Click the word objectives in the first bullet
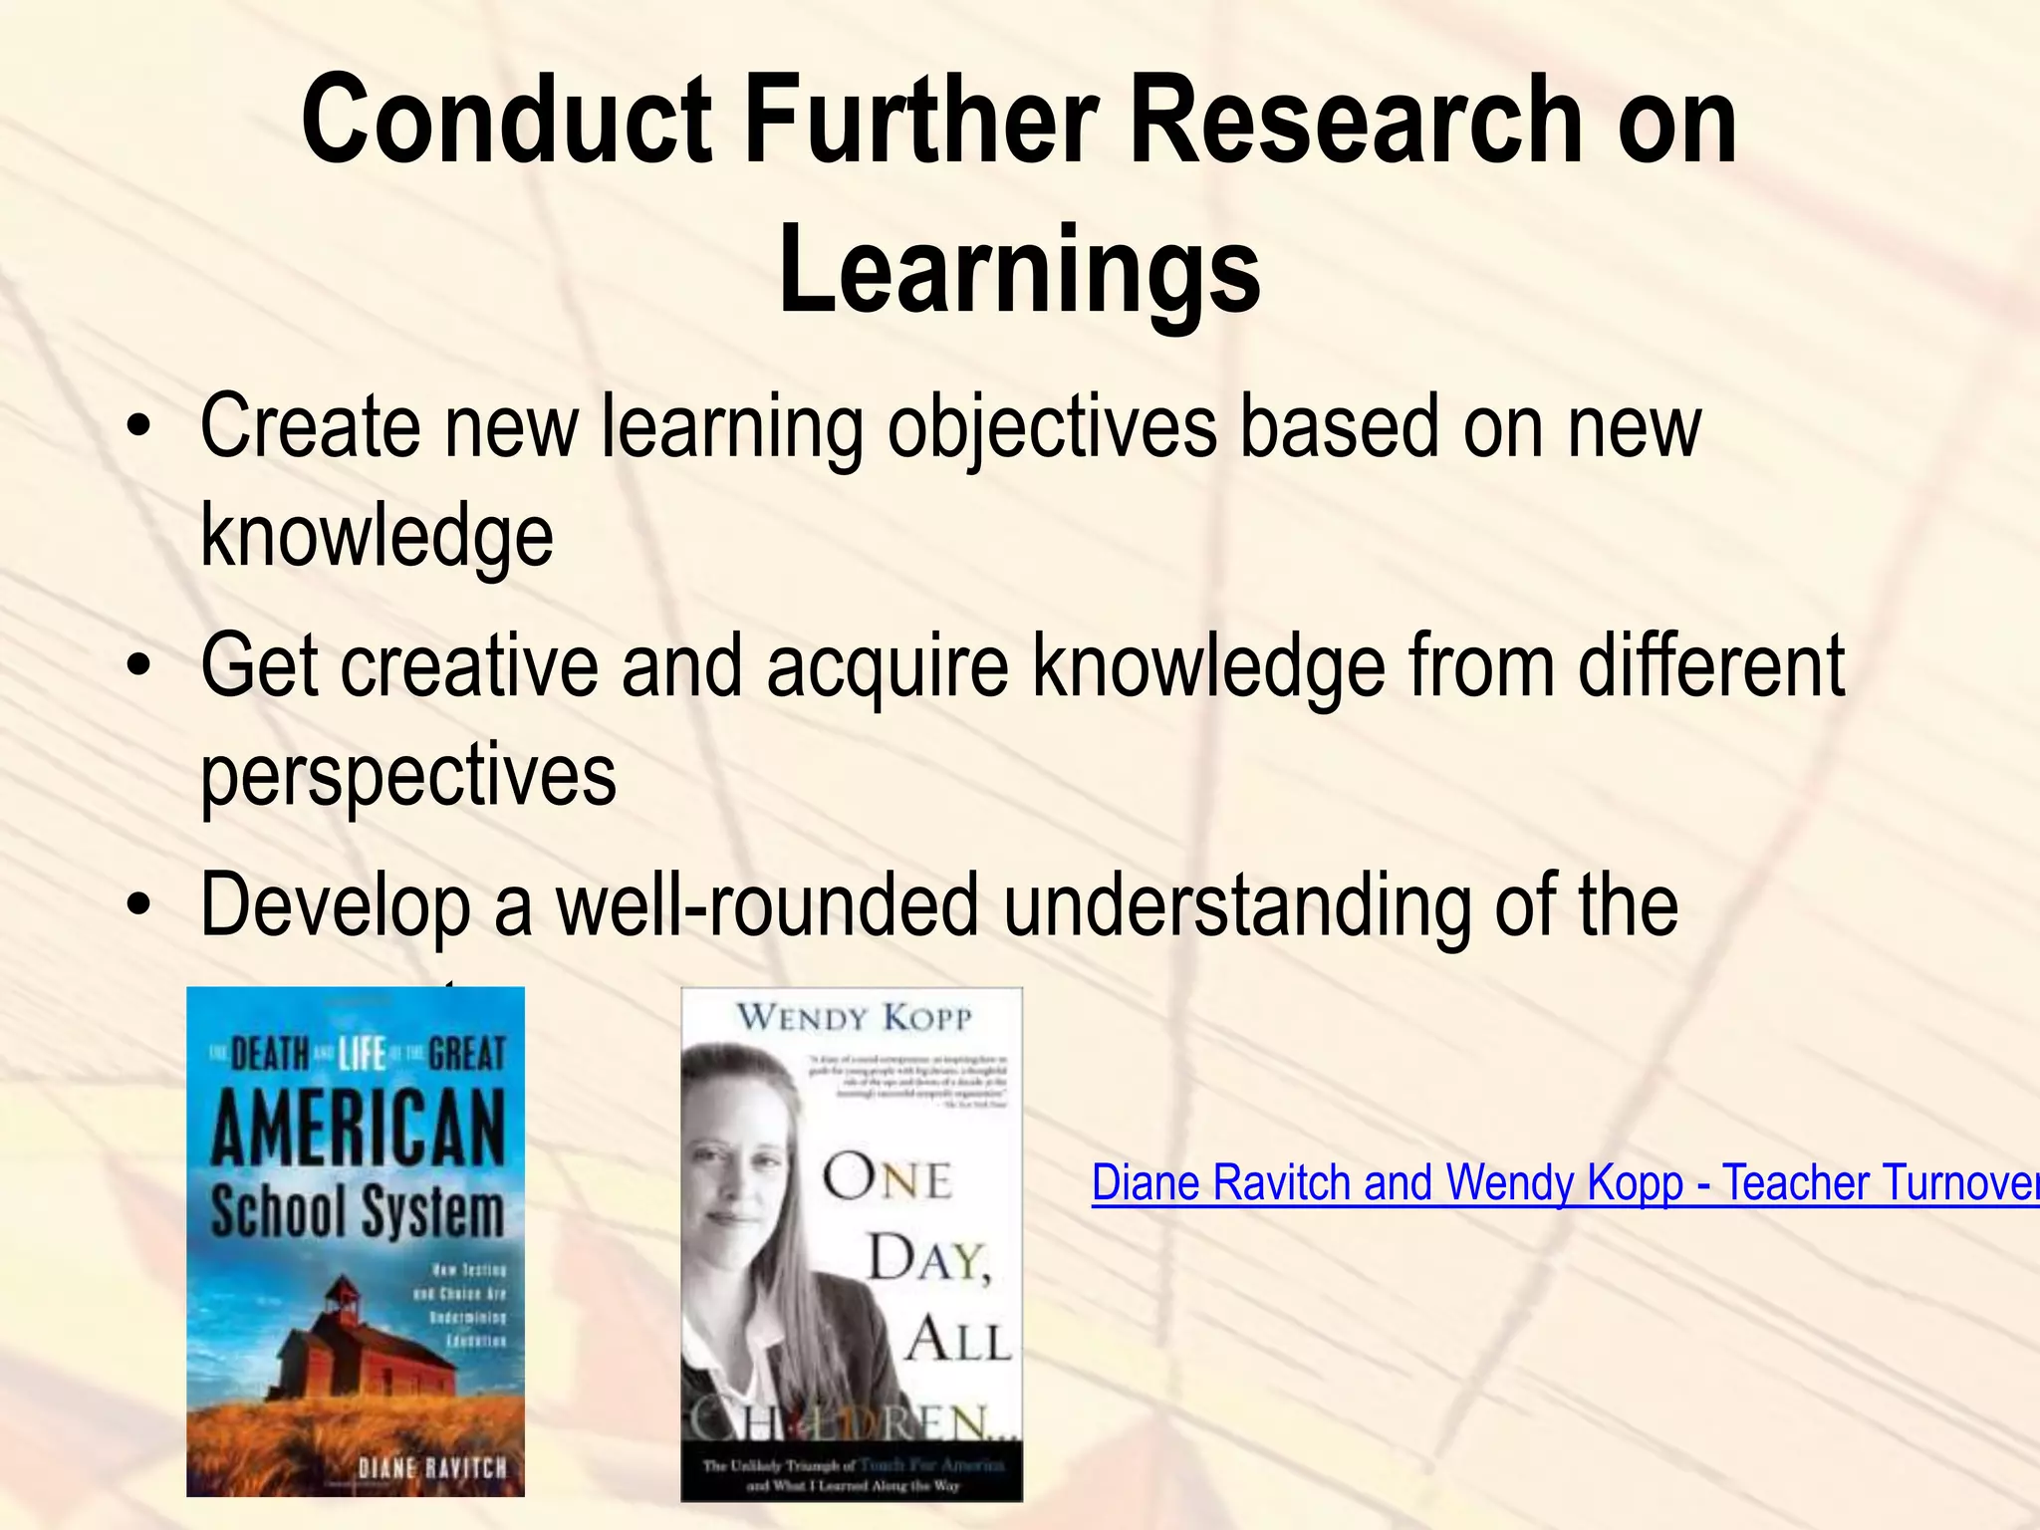click(1052, 428)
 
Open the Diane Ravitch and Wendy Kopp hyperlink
click(1564, 1183)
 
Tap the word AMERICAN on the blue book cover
click(358, 1129)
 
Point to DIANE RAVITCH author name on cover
click(432, 1467)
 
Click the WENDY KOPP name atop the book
click(854, 1017)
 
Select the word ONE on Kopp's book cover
click(887, 1180)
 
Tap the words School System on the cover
click(358, 1212)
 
